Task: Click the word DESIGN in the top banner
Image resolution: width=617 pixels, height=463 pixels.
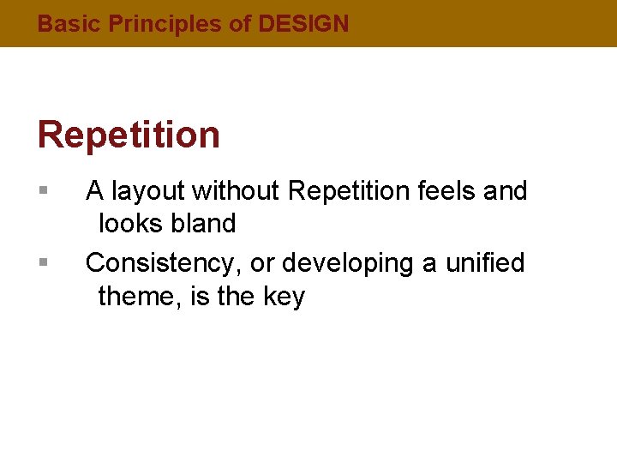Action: tap(303, 24)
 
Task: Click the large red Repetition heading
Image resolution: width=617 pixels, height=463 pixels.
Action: tap(129, 135)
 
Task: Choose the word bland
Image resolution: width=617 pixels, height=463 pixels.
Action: tap(203, 224)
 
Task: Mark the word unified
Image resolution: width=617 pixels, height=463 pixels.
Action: tap(484, 262)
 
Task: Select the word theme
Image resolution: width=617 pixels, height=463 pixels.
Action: tap(137, 297)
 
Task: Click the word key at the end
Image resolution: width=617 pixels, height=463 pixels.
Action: tap(283, 297)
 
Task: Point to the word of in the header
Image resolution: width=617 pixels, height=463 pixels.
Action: tap(240, 24)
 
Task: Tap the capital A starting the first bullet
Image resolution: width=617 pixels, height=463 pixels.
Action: tap(94, 190)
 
